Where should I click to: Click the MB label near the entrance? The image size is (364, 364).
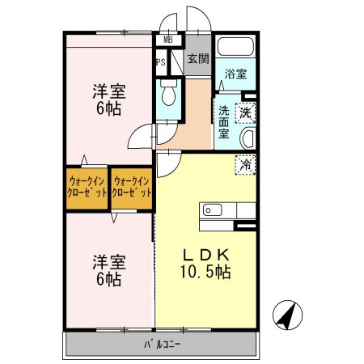pos(168,39)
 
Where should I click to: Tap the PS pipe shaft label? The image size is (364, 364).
pos(160,61)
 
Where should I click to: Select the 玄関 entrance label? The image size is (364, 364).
pos(197,58)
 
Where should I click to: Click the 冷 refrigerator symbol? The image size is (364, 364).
pos(246,164)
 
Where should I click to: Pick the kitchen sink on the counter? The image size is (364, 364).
pos(213,210)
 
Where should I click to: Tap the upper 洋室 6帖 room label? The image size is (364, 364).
pos(108,99)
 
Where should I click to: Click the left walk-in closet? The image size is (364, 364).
pos(87,187)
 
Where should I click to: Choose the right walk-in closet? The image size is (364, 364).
pos(132,187)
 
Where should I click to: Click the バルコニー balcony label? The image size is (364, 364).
pos(162,342)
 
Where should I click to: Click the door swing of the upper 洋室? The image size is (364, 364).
pos(142,137)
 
